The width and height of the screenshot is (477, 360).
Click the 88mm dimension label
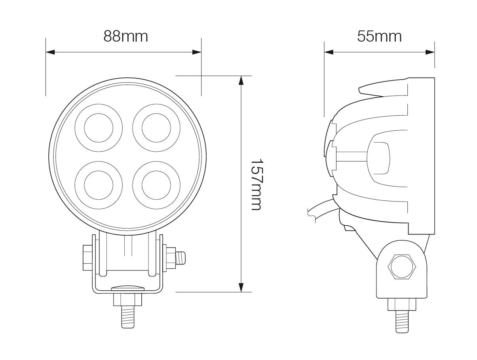(125, 36)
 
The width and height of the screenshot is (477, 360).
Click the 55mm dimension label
(379, 36)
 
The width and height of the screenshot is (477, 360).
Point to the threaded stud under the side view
(402, 321)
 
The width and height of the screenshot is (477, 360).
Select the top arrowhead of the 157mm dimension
(241, 80)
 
